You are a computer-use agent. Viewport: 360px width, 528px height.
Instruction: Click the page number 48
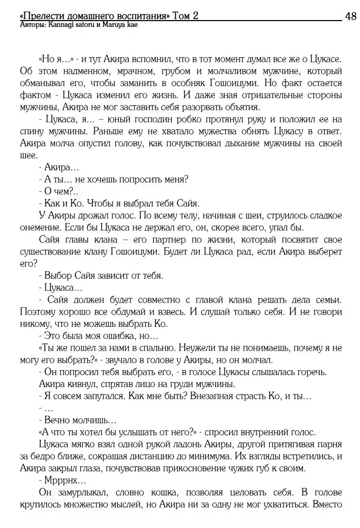point(349,16)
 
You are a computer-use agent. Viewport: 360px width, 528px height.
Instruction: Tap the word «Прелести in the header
point(40,16)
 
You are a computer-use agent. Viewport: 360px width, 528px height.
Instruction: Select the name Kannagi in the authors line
point(62,25)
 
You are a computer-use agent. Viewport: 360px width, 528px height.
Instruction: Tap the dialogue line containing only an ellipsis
point(45,409)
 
